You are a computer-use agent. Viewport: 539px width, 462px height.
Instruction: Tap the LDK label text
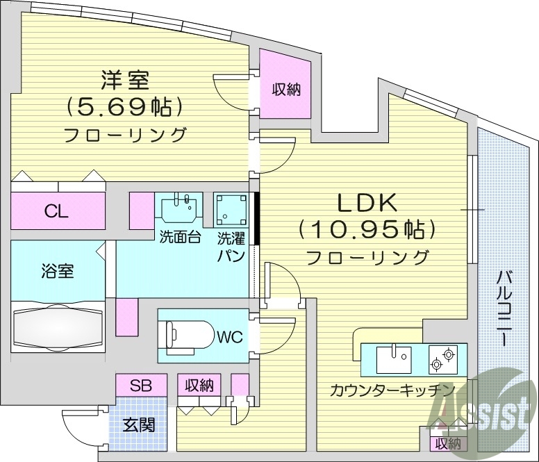367,203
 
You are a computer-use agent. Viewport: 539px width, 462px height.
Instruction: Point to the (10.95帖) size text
367,229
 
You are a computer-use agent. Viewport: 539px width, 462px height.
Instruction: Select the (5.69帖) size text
125,106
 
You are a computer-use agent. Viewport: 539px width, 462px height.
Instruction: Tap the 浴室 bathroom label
58,271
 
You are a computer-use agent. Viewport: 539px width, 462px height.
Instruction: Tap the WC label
229,338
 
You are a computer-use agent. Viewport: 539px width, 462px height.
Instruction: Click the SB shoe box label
141,384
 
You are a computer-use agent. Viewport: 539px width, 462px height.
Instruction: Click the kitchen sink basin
393,360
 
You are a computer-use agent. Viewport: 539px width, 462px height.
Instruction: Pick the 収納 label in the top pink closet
285,89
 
